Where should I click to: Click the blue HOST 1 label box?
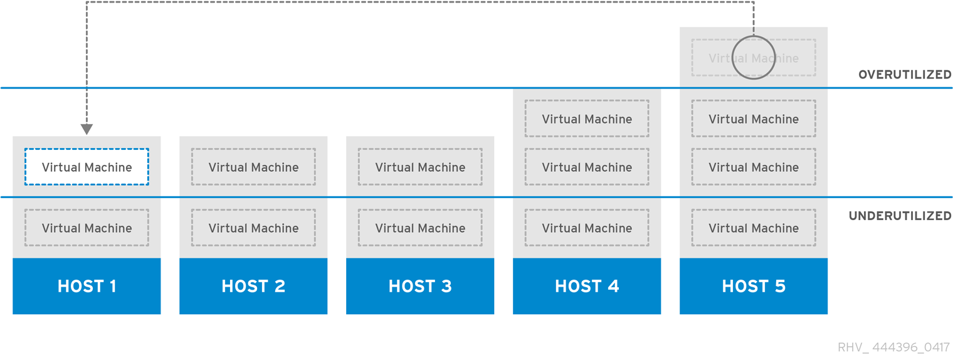87,286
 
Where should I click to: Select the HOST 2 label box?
253,286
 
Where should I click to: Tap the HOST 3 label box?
420,286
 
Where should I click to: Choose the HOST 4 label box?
587,286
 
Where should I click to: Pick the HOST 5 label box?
754,286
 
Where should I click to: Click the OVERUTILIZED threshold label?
905,75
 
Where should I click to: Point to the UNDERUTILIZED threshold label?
900,216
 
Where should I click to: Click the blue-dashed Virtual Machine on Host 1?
87,167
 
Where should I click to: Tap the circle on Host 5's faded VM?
754,58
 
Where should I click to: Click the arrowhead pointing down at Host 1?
87,129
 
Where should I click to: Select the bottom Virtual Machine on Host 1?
87,228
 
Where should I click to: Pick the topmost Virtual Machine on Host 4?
587,119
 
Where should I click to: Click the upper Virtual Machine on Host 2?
253,167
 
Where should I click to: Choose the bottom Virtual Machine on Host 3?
420,228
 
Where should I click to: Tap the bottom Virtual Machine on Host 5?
754,228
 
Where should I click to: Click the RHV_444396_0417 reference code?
893,347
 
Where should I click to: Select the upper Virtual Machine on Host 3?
420,167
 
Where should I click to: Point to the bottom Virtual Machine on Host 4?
587,228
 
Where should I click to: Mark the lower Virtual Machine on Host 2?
253,228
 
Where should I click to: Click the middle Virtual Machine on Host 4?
587,167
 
